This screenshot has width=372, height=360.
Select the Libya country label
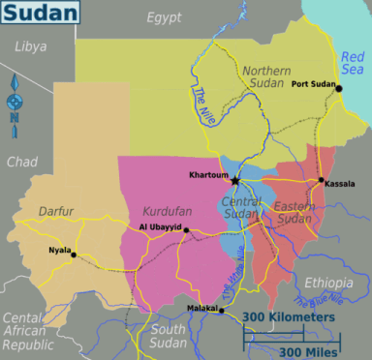[x=30, y=46]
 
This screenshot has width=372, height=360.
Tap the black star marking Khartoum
[x=234, y=180]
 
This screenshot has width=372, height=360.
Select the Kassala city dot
[x=321, y=180]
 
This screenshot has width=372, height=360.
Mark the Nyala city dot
[x=74, y=255]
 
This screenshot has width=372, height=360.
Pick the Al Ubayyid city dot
[x=186, y=230]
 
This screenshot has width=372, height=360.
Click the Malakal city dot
[x=222, y=311]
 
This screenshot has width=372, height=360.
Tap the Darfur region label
[x=56, y=210]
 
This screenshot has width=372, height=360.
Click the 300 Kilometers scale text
[x=289, y=317]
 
